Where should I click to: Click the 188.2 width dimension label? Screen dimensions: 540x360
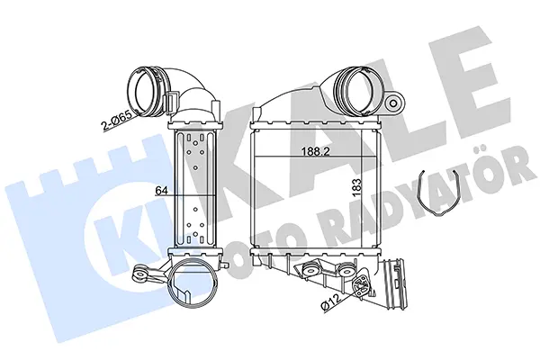tap(315, 151)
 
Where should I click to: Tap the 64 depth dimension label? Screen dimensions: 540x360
tap(162, 190)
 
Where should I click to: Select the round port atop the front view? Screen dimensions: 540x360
tap(359, 90)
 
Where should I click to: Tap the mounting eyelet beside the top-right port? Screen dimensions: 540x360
tap(393, 102)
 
